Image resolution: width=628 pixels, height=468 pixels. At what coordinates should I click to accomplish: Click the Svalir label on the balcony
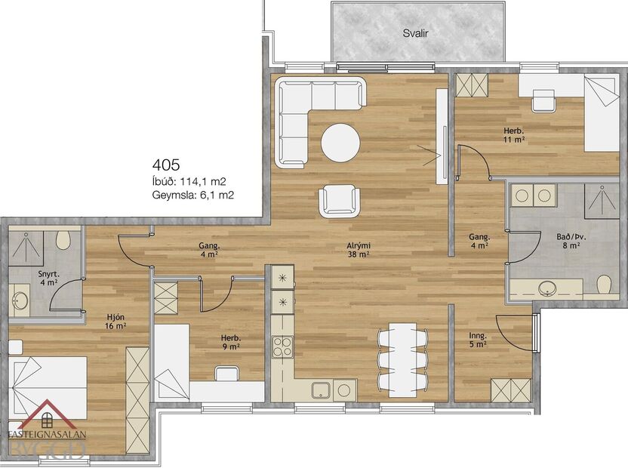coord(415,34)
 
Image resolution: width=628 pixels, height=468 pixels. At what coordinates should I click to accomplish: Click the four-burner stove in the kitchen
coord(282,346)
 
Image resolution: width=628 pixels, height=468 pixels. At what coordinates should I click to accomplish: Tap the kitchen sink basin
coord(321,390)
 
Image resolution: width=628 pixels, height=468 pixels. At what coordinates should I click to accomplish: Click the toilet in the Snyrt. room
coord(64,241)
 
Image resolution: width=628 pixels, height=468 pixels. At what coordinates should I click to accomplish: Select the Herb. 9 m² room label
coord(230,342)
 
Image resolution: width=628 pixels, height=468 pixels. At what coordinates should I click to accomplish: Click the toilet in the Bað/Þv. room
coord(603,285)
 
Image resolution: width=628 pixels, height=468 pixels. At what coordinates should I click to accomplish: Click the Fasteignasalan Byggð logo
coord(47,432)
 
